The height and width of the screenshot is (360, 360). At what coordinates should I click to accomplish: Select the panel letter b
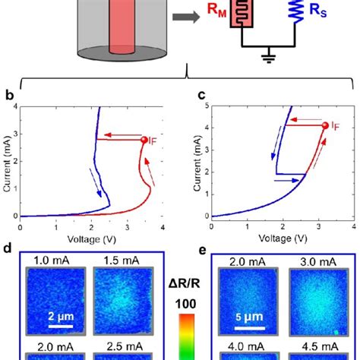tap(8, 96)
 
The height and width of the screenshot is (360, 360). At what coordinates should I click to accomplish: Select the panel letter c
tap(201, 96)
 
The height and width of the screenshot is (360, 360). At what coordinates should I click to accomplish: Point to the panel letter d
tap(8, 248)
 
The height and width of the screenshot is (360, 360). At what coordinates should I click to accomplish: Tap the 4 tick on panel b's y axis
tap(14, 107)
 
